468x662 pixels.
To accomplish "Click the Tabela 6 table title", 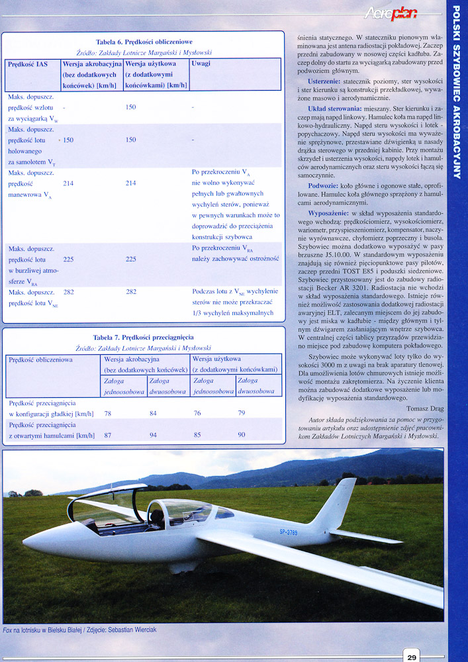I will click(x=144, y=42).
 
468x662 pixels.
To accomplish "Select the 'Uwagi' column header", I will click(x=201, y=64).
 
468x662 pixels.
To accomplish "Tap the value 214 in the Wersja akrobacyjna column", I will click(x=68, y=183).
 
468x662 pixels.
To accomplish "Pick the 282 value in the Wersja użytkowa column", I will click(x=130, y=292).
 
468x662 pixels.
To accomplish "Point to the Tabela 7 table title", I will click(x=144, y=337).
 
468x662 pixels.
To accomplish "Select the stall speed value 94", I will click(x=154, y=435).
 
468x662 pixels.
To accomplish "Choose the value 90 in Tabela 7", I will click(x=242, y=435).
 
